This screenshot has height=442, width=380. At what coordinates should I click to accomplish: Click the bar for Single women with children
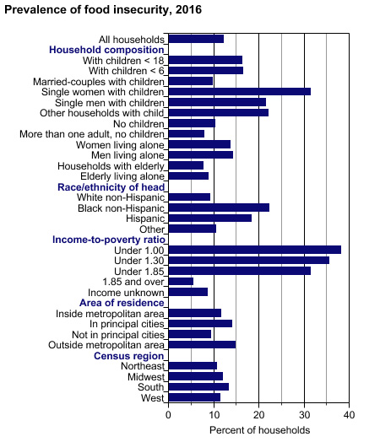coord(240,92)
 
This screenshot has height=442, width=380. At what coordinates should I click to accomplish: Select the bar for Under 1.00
coord(255,250)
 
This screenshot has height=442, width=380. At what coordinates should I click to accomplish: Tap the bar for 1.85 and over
coord(181,282)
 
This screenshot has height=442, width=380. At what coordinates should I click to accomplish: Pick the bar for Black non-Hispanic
coord(219,208)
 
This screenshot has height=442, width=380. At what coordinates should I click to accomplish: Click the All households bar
coord(196,39)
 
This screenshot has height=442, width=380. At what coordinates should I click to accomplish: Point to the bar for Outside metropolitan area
coord(202,344)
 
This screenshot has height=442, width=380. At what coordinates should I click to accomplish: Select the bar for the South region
coord(198,386)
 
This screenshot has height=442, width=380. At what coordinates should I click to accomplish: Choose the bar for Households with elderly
coord(186,165)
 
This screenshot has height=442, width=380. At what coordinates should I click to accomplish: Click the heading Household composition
coord(106,50)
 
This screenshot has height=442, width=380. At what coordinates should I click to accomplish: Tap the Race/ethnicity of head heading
coord(111,187)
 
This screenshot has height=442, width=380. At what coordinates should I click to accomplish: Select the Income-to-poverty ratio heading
coord(109,240)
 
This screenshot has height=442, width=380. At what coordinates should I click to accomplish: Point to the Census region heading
coord(128,356)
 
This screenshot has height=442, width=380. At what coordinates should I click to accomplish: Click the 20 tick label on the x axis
coord(258,415)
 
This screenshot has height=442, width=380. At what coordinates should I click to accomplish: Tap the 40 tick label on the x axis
coord(349,415)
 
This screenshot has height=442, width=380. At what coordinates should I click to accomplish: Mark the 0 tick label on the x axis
coord(168,415)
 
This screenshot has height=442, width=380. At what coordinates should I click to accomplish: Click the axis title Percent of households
coord(259,430)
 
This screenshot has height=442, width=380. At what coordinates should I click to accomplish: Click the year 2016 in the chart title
coord(188,9)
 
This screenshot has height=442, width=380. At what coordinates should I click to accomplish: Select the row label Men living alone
coord(128,155)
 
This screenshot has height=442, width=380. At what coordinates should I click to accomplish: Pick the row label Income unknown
coord(126,293)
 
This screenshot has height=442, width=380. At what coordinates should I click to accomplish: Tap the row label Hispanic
coord(145,218)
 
